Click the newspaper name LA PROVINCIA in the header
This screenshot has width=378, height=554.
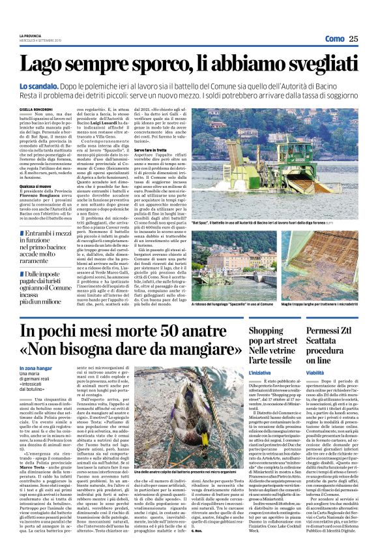[x=31, y=35]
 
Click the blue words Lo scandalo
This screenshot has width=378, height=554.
[x=57, y=85]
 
